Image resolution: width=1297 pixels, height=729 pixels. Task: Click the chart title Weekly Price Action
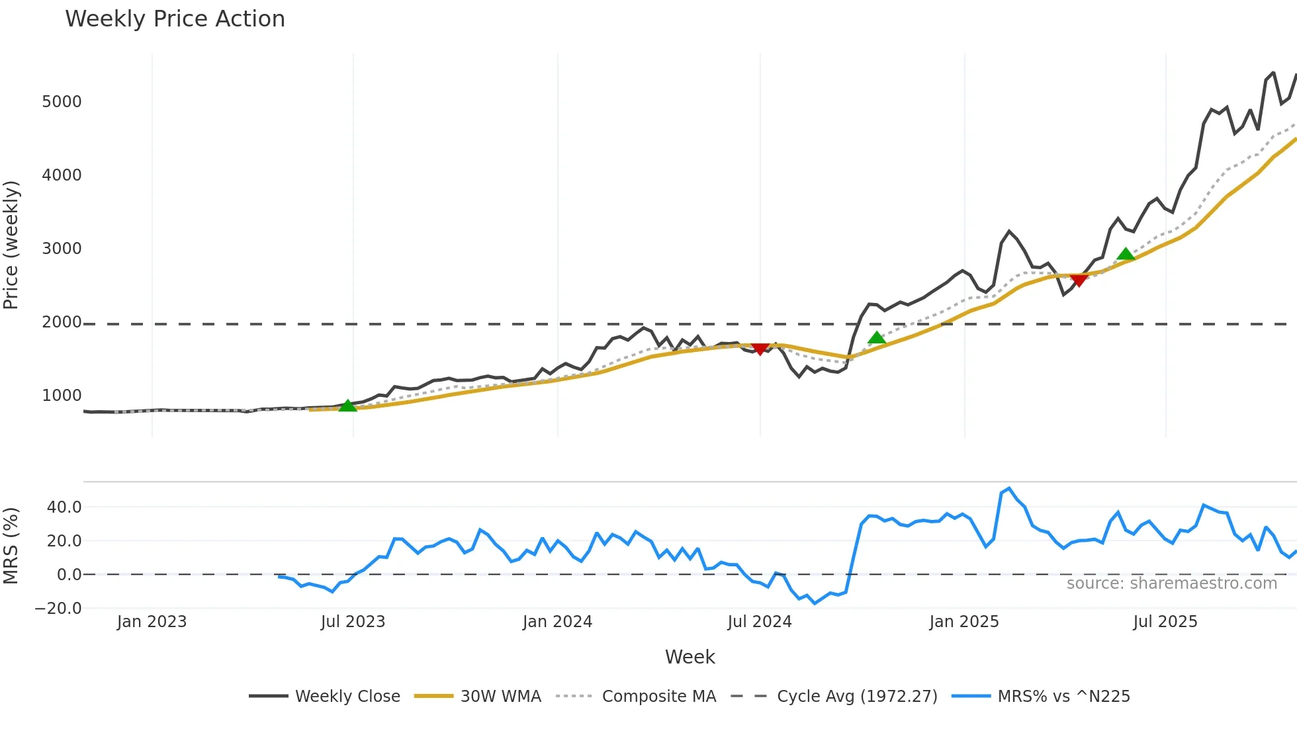pos(175,19)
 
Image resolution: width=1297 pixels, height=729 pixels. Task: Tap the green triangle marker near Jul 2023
pos(347,406)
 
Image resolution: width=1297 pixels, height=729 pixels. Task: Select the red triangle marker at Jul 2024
pos(760,349)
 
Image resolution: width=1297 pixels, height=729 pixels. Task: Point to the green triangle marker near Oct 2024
pos(876,338)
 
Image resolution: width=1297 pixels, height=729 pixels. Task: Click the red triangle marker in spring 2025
pos(1079,280)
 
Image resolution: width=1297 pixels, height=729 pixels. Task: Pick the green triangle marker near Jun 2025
pos(1126,255)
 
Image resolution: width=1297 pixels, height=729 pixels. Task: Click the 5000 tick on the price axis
pos(62,102)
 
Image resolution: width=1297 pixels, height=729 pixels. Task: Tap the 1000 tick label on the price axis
pos(62,396)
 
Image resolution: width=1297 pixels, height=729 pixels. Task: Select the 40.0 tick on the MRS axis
pos(64,507)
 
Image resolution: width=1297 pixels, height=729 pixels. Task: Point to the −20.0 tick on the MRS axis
pos(58,609)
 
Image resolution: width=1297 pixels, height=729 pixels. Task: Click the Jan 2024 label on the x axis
pos(557,622)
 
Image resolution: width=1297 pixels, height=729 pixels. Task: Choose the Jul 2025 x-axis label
pos(1165,622)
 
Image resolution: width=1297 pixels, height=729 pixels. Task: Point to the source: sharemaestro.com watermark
pos(1171,583)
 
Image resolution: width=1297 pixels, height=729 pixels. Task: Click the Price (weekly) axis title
pos(11,245)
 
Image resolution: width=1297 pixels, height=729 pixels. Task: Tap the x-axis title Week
pos(690,657)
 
